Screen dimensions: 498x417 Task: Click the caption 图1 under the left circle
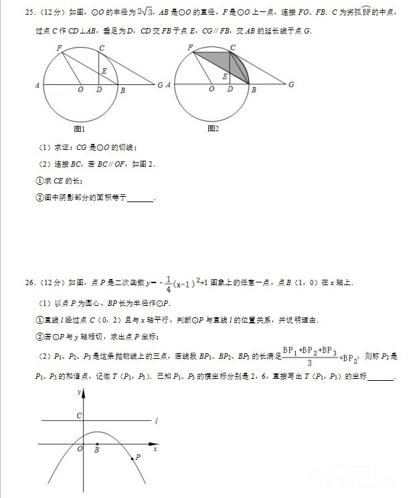click(79, 129)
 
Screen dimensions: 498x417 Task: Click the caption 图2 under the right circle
click(213, 129)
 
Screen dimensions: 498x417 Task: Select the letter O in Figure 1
click(80, 90)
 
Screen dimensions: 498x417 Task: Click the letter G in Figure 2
click(291, 85)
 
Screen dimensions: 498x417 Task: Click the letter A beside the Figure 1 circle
click(37, 85)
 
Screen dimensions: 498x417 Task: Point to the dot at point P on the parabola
click(132, 458)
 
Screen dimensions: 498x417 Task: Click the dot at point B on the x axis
click(97, 444)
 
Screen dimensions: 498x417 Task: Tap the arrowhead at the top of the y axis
click(83, 394)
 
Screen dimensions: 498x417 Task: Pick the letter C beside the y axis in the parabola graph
click(78, 416)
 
